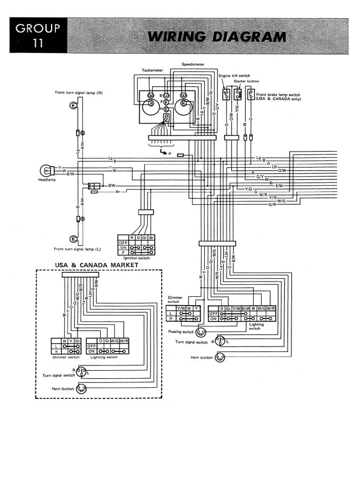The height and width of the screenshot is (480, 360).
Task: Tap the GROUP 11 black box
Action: coord(38,35)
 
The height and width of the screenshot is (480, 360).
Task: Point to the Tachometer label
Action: coord(152,70)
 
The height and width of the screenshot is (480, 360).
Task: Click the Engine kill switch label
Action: coord(234,75)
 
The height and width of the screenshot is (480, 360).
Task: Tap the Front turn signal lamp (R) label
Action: coord(78,93)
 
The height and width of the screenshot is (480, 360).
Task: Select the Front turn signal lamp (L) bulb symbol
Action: coord(73,238)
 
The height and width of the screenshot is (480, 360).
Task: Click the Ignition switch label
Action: coord(136,258)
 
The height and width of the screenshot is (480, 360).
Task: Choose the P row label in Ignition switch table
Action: coord(124,253)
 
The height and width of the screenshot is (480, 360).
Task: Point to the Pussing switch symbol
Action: coord(201,332)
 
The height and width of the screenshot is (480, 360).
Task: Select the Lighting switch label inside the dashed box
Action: coord(105,357)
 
